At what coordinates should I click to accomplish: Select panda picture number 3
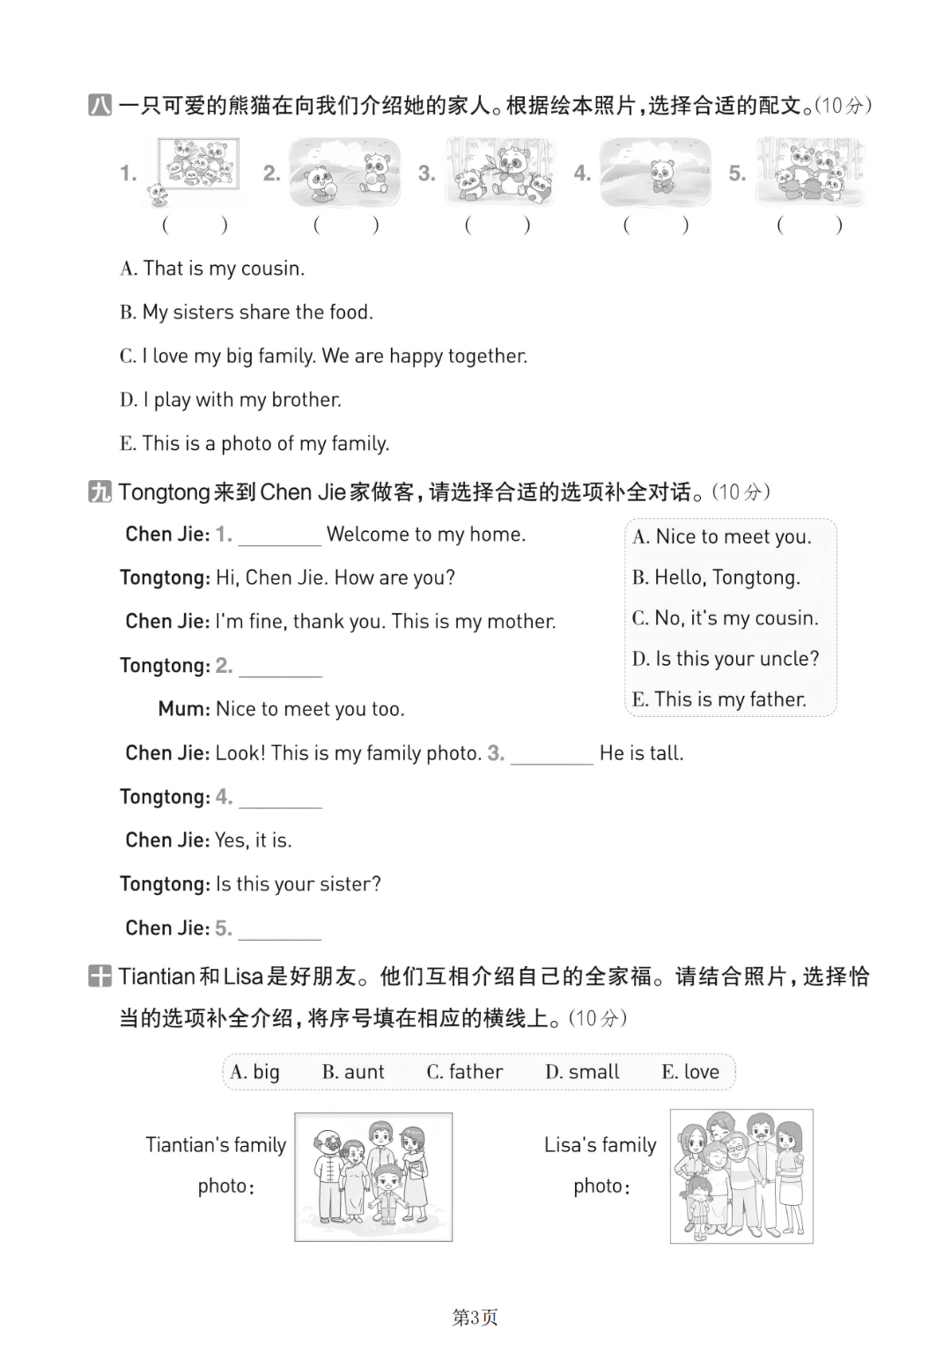click(499, 171)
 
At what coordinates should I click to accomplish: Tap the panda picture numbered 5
click(810, 171)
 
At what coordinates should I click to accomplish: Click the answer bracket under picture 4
click(655, 225)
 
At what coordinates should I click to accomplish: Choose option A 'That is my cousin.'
click(212, 269)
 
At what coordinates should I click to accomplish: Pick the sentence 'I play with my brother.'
click(231, 400)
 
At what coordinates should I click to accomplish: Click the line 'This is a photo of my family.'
click(254, 444)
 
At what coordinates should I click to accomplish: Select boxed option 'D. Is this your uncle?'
click(726, 659)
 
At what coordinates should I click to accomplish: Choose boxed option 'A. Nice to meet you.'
click(722, 537)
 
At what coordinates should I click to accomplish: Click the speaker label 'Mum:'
click(183, 709)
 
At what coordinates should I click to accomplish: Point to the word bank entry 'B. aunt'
click(353, 1072)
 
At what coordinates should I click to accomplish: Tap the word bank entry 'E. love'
click(690, 1072)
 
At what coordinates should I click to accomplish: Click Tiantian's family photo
click(373, 1177)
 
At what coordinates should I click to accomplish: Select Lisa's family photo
click(741, 1177)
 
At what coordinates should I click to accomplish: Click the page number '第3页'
click(475, 1317)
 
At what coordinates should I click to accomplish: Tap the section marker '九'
click(100, 491)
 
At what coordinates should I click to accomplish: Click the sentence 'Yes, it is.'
click(254, 840)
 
